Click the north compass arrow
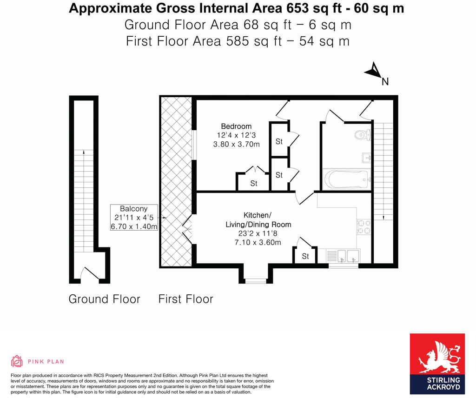[x=374, y=71]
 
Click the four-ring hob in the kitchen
[x=364, y=226]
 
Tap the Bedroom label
[x=236, y=126]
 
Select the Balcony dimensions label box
[x=134, y=218]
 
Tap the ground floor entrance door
[x=90, y=274]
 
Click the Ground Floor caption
[x=104, y=299]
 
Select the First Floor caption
[x=185, y=299]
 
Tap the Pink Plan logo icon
[x=17, y=361]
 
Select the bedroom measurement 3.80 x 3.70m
[x=236, y=144]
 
